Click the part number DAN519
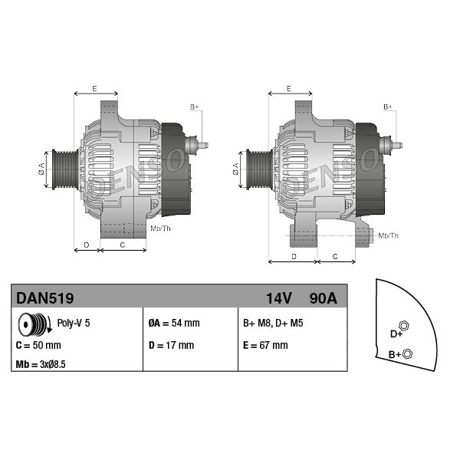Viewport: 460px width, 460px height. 45,298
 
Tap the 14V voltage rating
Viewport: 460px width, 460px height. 279,298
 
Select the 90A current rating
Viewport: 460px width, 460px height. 324,298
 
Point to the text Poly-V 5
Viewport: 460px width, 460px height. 74,323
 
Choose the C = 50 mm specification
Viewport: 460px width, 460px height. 38,345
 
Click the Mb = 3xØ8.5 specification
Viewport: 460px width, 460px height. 41,364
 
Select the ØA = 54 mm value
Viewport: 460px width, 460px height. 174,323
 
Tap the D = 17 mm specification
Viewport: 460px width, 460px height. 171,345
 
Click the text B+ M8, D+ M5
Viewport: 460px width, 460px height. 273,323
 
